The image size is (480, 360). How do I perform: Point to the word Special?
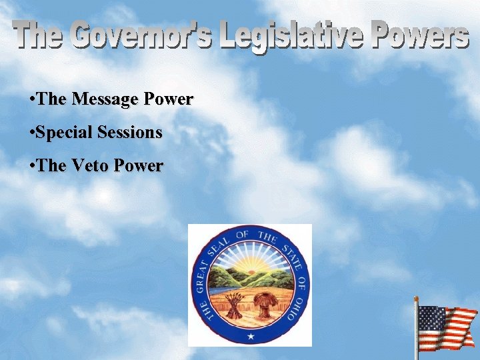[x=65, y=133]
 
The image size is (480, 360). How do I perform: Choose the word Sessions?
[x=129, y=133]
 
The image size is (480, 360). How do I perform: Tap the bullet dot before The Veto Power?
[x=33, y=165]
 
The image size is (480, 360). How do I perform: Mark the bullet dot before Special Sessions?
[x=33, y=133]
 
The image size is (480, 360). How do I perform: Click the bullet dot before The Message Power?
[x=33, y=99]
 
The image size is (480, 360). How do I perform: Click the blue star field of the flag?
[x=431, y=318]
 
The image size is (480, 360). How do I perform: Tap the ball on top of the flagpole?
[x=417, y=299]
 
